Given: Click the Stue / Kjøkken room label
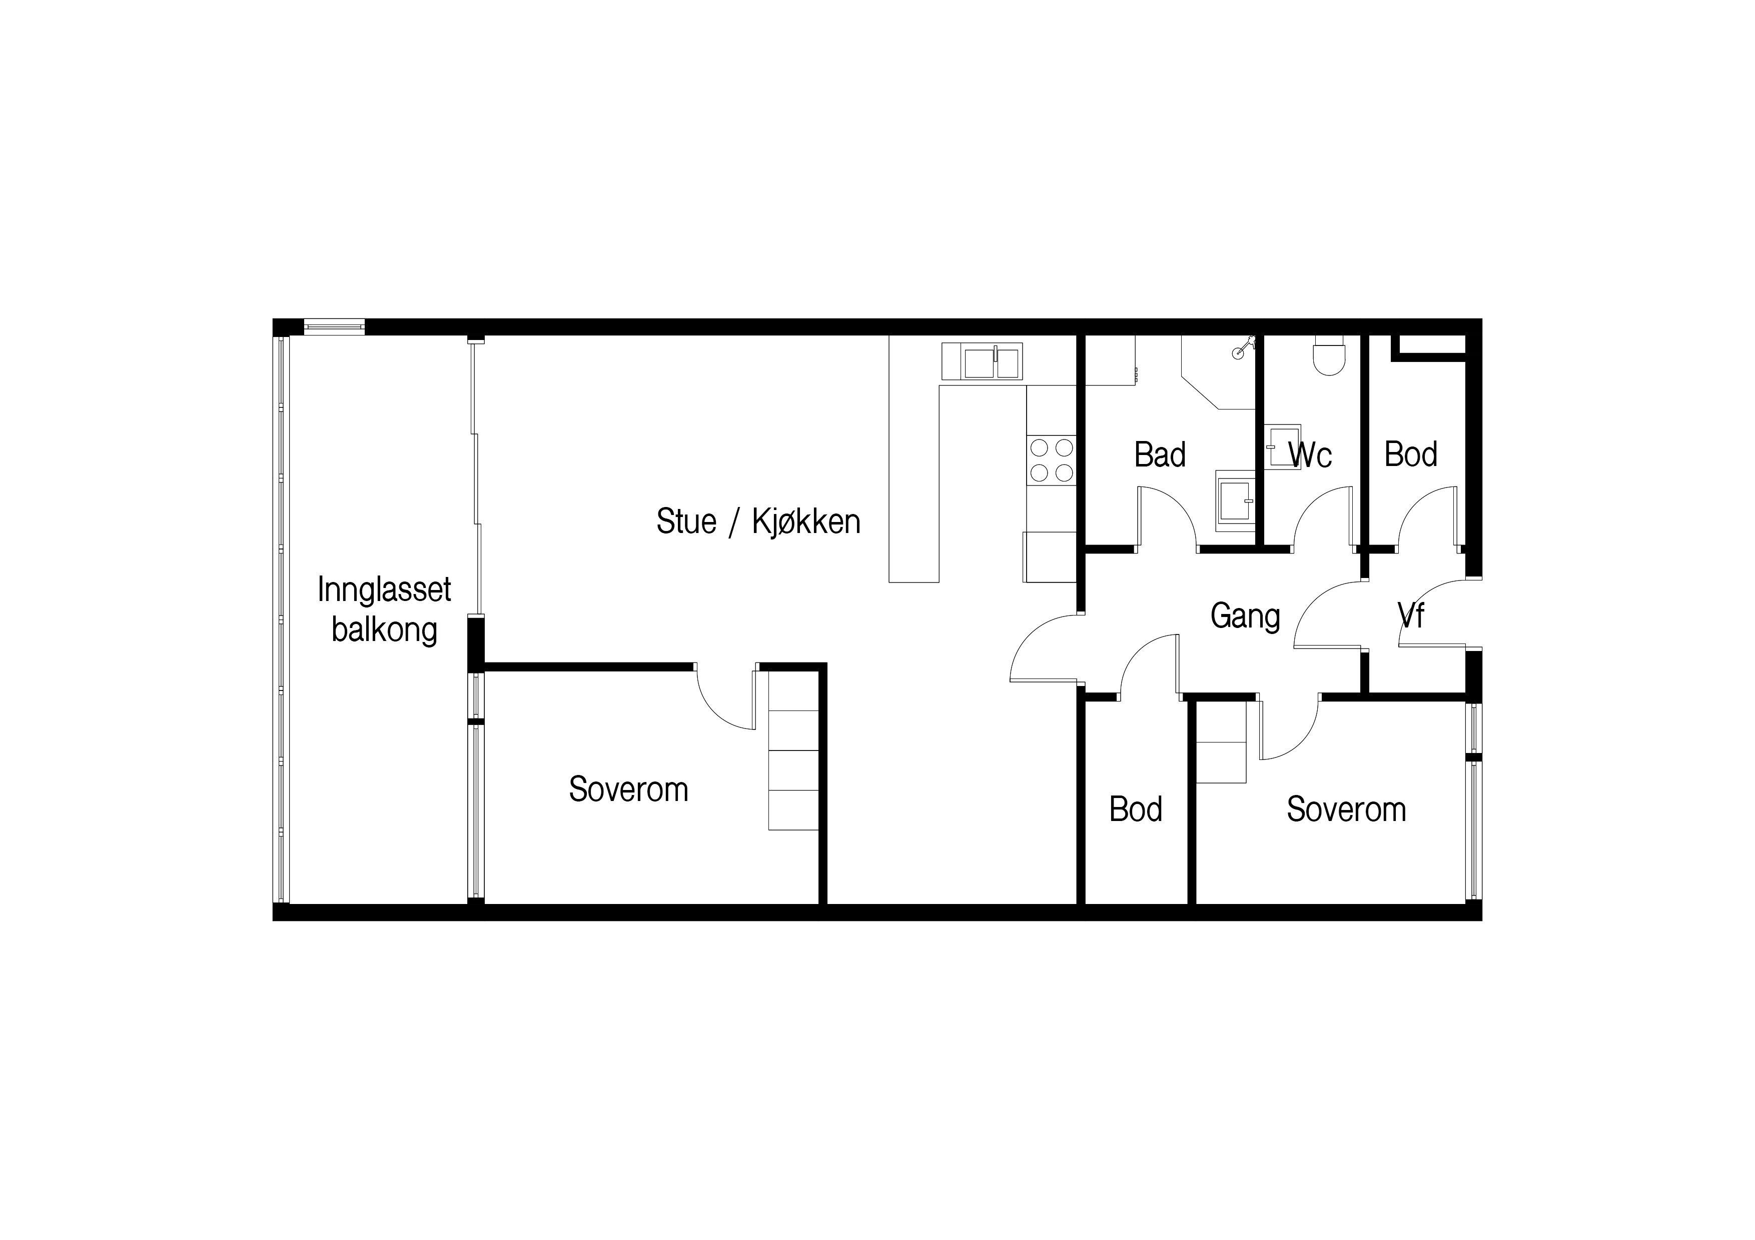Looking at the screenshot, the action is pos(758,522).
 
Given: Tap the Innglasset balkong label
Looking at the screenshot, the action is pos(385,609).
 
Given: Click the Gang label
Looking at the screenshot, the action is pos(1245,616).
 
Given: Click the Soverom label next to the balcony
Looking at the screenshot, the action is pos(628,789).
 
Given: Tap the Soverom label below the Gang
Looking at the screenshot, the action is pos(1346,809).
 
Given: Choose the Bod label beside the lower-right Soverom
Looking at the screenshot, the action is pos(1136,809).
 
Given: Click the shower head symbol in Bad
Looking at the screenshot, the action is pos(1244,347).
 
